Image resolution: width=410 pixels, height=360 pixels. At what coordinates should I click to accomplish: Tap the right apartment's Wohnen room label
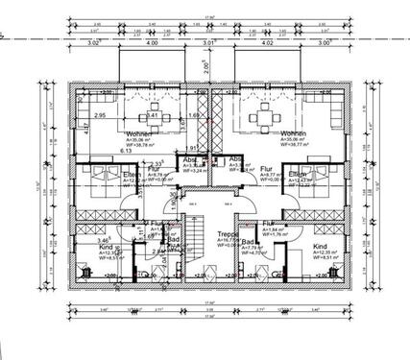[293, 133]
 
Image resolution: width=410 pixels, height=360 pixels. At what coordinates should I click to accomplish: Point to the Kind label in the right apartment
[319, 247]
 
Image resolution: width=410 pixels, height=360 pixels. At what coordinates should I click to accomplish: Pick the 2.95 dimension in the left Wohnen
[99, 115]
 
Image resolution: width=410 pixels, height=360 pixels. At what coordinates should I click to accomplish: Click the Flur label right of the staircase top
[267, 166]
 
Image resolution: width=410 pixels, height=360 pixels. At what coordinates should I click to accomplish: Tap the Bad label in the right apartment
[248, 242]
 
